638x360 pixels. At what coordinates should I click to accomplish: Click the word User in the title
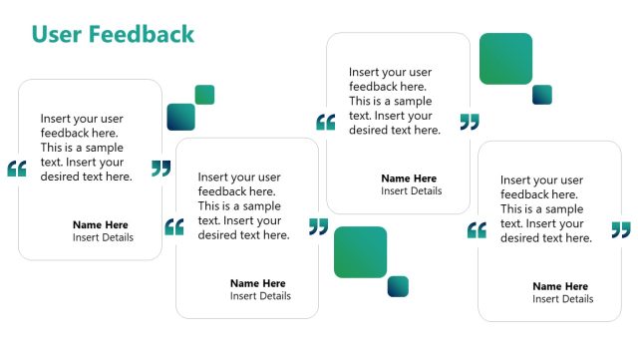coord(57,35)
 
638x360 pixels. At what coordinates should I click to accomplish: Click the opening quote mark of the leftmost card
coord(16,169)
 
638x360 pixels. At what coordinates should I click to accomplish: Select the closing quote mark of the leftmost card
coord(161,168)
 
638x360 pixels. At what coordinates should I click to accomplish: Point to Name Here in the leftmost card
coord(101,224)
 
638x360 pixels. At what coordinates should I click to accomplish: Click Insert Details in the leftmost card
coord(103,237)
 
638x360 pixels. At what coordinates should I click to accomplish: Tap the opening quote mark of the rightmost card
coord(477,230)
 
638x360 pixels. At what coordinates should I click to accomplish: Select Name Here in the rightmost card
coord(560,286)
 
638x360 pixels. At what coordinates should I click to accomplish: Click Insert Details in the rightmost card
coord(562,299)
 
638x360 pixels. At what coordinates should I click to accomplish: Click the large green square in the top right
coord(505,59)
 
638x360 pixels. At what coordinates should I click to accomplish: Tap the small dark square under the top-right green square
coord(542,95)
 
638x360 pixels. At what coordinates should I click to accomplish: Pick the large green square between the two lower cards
coord(360,252)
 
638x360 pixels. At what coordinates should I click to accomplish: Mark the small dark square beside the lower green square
coord(398,286)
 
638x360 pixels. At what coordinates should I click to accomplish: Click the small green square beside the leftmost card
coord(204,95)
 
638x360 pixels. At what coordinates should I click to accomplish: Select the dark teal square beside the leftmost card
coord(180,117)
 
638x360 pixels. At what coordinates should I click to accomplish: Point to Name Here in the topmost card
coord(409,179)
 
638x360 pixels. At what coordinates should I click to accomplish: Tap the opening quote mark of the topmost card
coord(325,123)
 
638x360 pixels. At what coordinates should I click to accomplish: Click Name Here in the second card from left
coord(257,283)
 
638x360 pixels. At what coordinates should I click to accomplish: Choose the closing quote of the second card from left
coord(318,226)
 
